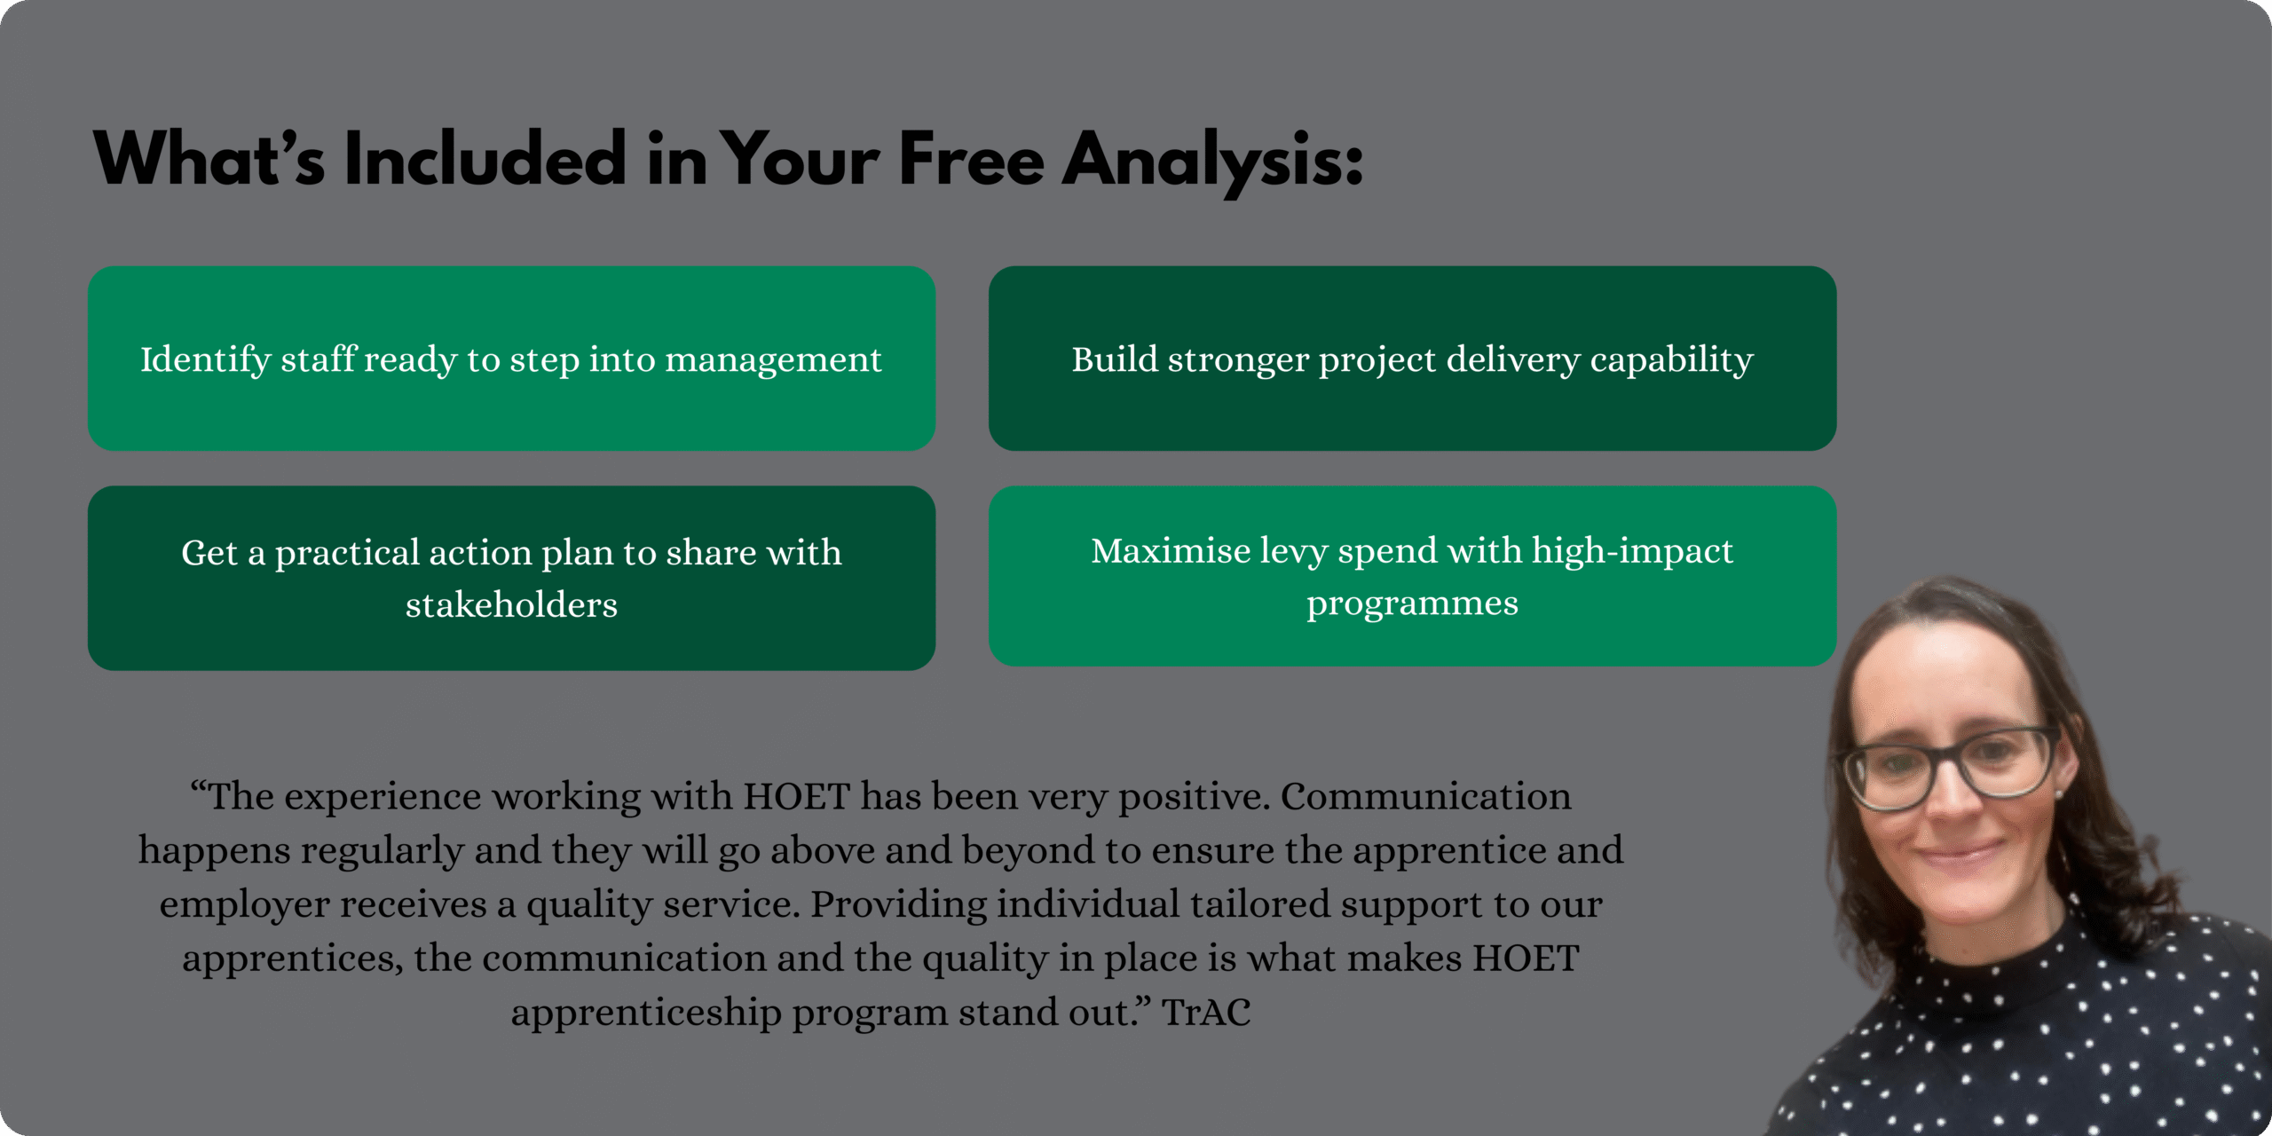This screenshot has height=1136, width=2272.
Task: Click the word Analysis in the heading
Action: pyautogui.click(x=1211, y=161)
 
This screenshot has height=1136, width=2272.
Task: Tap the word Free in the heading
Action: pyautogui.click(x=972, y=159)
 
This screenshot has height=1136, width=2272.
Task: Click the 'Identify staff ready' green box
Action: pyautogui.click(x=511, y=359)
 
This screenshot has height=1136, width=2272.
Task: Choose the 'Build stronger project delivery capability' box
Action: pyautogui.click(x=1412, y=359)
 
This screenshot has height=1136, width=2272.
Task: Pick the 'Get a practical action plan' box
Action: pyautogui.click(x=511, y=578)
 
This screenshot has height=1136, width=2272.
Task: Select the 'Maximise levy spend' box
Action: pyautogui.click(x=1412, y=576)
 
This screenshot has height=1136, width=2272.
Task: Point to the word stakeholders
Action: pyautogui.click(x=511, y=604)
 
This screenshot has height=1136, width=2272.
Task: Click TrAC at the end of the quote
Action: pyautogui.click(x=1206, y=1012)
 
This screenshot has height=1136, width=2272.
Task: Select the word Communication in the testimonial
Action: pyautogui.click(x=1425, y=796)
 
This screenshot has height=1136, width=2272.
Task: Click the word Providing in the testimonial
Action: pyautogui.click(x=898, y=906)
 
